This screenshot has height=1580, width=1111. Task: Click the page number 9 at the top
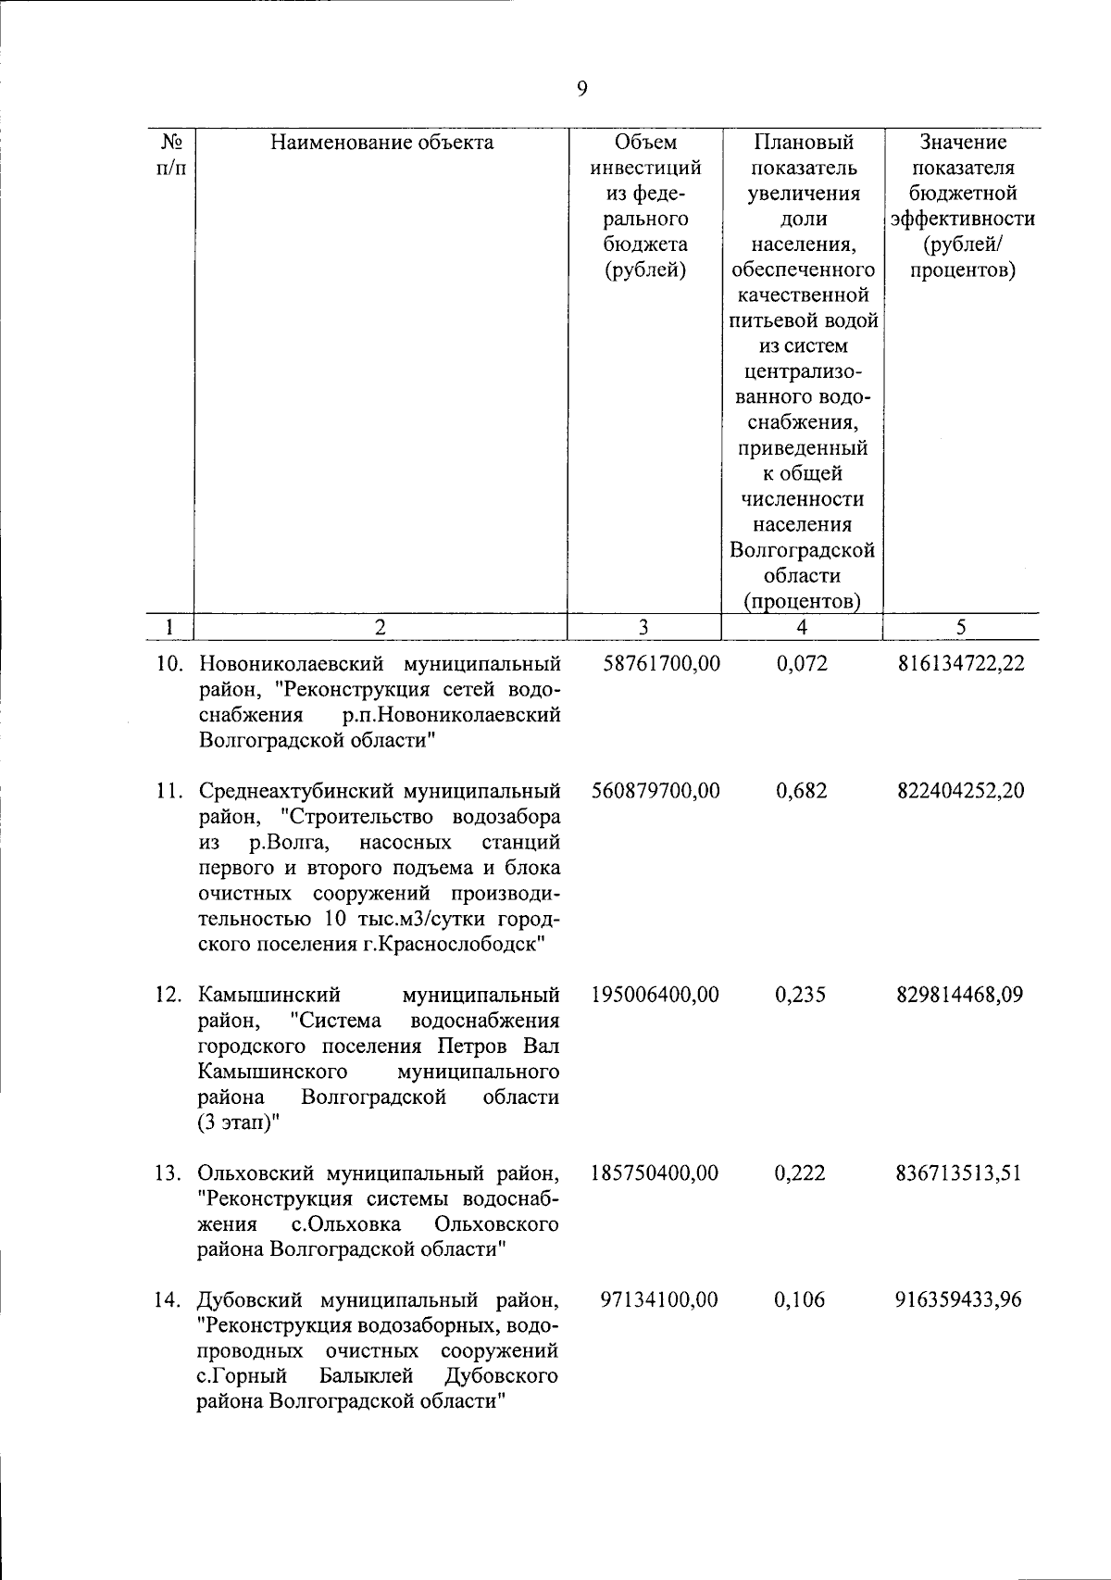pos(581,89)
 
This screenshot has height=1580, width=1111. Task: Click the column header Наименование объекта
pos(381,143)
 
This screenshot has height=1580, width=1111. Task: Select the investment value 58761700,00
pos(655,664)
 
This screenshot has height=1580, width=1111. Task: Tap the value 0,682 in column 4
pos(801,791)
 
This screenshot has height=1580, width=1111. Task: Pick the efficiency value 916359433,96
pos(958,1299)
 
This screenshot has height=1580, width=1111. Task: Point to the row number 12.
pos(169,996)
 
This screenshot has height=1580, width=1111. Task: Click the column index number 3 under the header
pos(643,627)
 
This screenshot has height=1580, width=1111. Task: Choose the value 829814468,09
pos(960,995)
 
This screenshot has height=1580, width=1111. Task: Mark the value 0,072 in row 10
pos(801,664)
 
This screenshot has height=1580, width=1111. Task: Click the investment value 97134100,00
pos(658,1299)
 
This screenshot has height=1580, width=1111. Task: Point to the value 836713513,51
pos(958,1172)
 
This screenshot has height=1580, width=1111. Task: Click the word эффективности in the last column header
pos(963,219)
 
